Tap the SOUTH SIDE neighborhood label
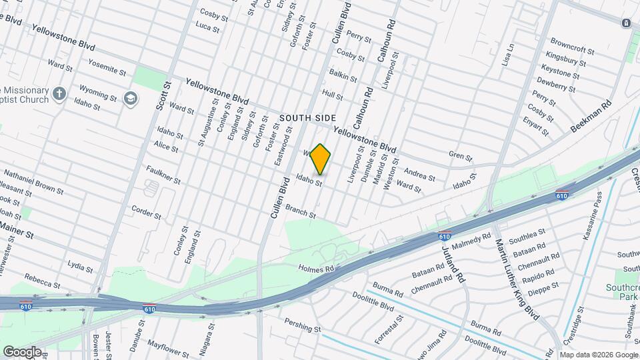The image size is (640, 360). (x=307, y=117)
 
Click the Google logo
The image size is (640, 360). (x=21, y=351)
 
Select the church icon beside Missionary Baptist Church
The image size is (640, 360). (x=59, y=93)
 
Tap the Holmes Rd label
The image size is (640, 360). (x=315, y=268)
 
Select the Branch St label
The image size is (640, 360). (x=300, y=211)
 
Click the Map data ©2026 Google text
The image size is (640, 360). (x=598, y=355)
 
